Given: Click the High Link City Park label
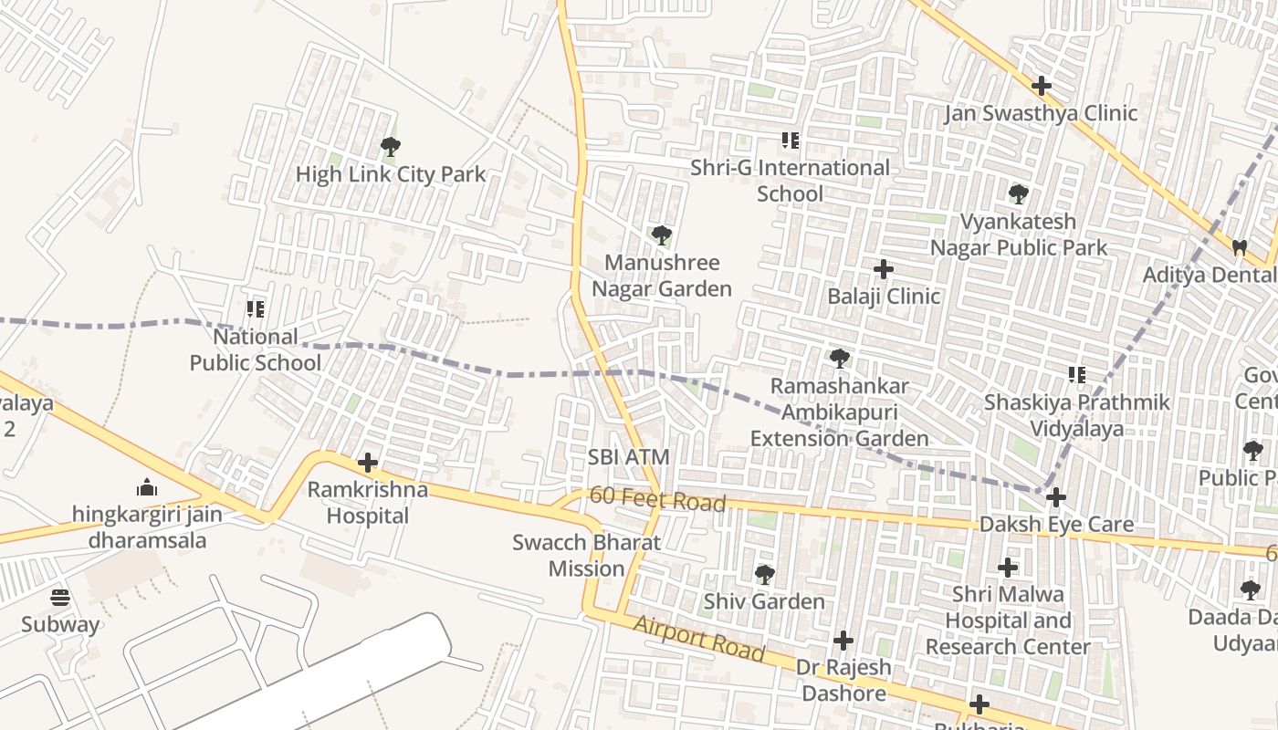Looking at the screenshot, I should (391, 173).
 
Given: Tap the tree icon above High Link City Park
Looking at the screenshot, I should (390, 146).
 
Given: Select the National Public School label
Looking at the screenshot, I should (256, 349).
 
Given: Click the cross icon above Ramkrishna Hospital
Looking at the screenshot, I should (368, 463).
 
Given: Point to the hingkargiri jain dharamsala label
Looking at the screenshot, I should (147, 527).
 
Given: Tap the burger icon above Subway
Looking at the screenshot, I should (60, 598).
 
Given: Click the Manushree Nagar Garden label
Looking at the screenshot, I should (662, 276).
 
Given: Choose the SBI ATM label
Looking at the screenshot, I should (629, 457).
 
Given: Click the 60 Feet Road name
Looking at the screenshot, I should (657, 499).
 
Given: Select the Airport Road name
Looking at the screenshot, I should (698, 639).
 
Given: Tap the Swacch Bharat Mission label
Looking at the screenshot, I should (586, 555).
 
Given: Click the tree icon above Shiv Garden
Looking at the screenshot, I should (764, 575).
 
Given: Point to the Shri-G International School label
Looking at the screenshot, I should (790, 181).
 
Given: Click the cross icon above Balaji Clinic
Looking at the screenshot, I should (884, 269).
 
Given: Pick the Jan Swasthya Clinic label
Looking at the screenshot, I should (1041, 113).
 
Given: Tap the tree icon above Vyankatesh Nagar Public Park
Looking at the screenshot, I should (1019, 194).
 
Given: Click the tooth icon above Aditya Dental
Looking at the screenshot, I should (1239, 247).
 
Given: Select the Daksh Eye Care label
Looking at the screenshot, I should (1056, 525).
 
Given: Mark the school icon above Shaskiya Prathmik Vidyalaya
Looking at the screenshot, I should (1077, 374).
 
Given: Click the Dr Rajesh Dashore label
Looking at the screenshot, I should (843, 680).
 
